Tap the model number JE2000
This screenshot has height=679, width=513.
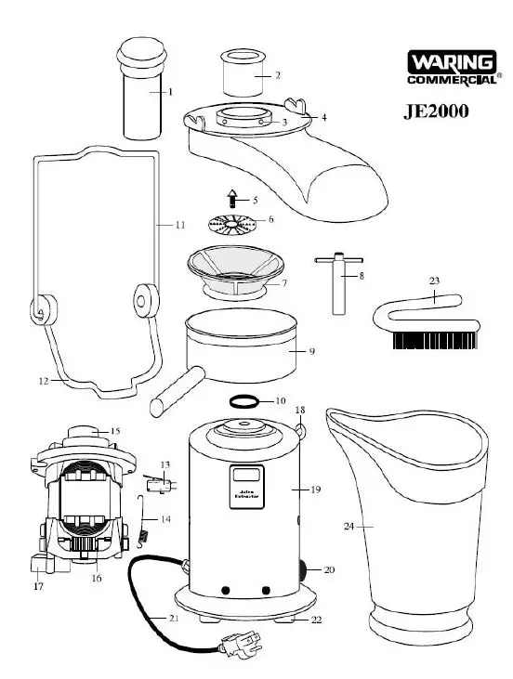pos(435,111)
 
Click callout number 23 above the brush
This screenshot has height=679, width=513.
pos(433,280)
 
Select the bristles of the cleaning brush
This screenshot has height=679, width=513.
pos(434,340)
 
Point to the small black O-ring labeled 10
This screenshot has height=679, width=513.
pos(244,401)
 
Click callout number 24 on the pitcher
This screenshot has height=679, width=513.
pos(349,527)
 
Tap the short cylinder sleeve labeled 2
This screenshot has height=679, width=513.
pos(244,72)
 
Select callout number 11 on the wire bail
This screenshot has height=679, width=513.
pos(179,225)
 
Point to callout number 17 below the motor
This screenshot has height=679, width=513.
pos(38,586)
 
